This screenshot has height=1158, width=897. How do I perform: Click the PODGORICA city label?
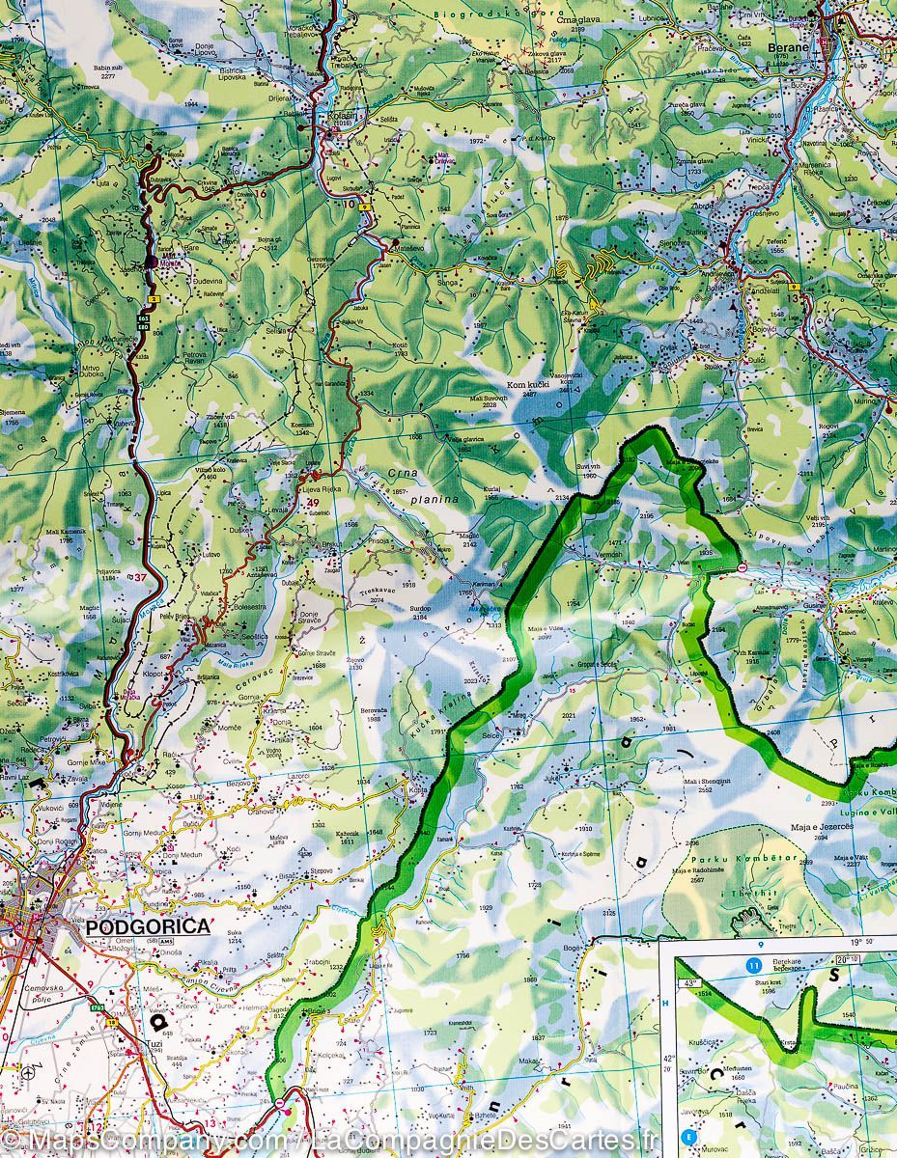(x=148, y=927)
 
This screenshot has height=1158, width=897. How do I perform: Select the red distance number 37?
(x=142, y=578)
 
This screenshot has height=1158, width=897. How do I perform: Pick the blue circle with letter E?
(x=689, y=1137)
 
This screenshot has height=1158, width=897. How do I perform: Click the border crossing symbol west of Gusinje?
(x=742, y=567)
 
